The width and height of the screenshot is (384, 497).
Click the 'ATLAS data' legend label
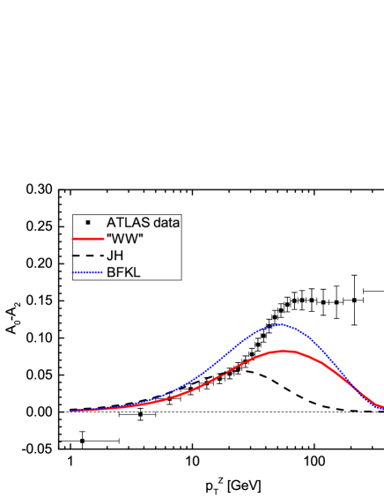click(143, 222)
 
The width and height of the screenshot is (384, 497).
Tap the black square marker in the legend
click(88, 222)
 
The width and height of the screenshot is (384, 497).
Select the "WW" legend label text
click(123, 239)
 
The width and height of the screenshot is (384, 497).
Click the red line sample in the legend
click(88, 239)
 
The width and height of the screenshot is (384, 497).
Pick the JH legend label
click(114, 256)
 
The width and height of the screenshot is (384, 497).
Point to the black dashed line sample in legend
click(88, 256)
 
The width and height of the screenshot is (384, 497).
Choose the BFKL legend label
click(122, 272)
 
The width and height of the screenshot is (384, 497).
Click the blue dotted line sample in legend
click(88, 272)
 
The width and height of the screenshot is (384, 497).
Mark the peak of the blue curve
click(282, 324)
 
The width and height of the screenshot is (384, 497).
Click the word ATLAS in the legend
click(126, 222)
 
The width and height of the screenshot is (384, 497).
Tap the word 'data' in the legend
click(165, 222)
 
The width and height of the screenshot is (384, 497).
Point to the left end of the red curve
click(71, 411)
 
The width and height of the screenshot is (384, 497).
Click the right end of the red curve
click(381, 407)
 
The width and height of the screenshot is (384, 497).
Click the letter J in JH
click(109, 256)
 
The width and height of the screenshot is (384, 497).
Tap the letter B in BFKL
click(110, 272)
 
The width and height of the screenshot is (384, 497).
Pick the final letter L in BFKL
click(137, 272)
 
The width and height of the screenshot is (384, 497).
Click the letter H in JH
click(118, 256)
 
